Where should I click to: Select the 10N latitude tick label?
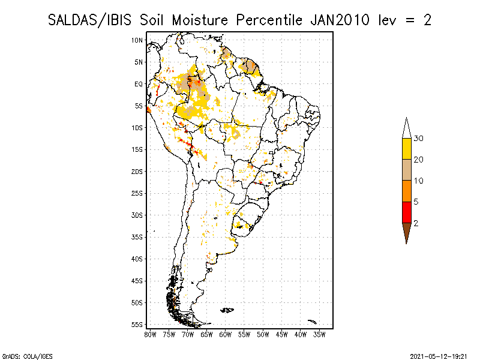[x=137, y=40]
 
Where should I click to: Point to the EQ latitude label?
[x=138, y=84]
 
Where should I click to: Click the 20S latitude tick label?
[x=137, y=172]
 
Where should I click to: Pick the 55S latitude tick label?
[x=137, y=325]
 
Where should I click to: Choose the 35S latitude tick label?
[x=137, y=237]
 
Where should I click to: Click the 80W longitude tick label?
[x=150, y=334]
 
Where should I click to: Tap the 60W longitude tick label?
[x=226, y=334]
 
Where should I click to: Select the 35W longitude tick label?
[x=320, y=334]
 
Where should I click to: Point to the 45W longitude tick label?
[x=282, y=334]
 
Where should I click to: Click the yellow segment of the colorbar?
[x=406, y=149]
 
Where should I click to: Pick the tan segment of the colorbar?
[x=406, y=170]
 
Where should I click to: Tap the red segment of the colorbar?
[x=406, y=212]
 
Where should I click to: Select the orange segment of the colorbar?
[x=406, y=191]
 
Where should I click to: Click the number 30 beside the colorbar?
[x=419, y=139]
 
